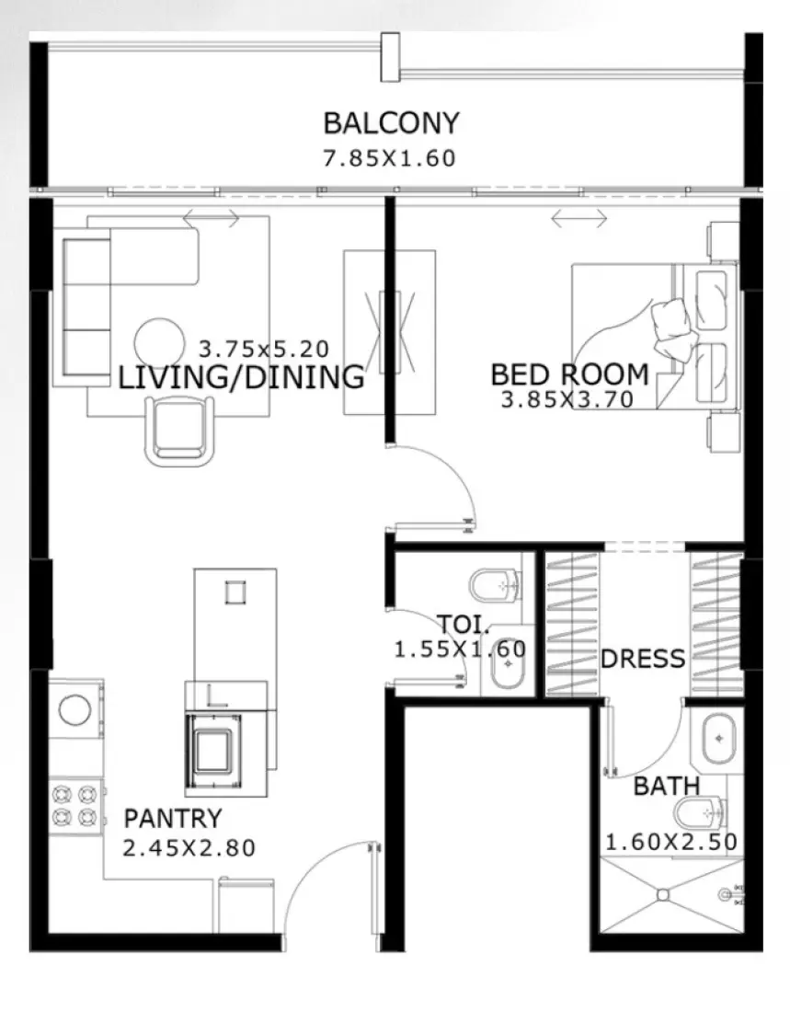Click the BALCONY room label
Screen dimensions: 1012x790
click(x=390, y=122)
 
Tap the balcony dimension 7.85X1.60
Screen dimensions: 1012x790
click(x=389, y=158)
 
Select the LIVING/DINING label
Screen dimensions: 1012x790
click(x=241, y=376)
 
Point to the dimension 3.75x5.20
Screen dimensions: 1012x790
click(x=264, y=350)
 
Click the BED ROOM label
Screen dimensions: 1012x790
click(x=569, y=374)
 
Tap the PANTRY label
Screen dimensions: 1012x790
click(x=173, y=818)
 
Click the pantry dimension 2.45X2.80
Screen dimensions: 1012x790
click(x=189, y=846)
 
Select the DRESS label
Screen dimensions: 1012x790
click(x=643, y=659)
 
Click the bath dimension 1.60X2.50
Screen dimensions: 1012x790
click(x=670, y=841)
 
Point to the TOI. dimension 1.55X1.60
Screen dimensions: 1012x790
click(x=460, y=650)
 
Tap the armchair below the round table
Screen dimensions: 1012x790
click(x=181, y=429)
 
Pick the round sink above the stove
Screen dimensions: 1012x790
click(x=74, y=709)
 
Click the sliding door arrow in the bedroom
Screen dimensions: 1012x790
click(x=578, y=218)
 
